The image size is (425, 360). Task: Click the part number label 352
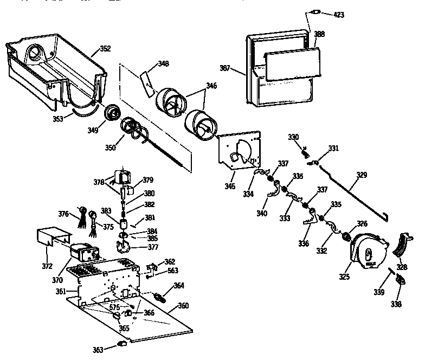(x=105, y=49)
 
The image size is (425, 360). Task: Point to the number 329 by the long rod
(x=361, y=175)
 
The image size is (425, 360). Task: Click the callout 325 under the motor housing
(x=344, y=277)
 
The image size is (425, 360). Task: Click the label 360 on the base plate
(x=183, y=306)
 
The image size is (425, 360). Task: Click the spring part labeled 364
(x=161, y=297)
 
